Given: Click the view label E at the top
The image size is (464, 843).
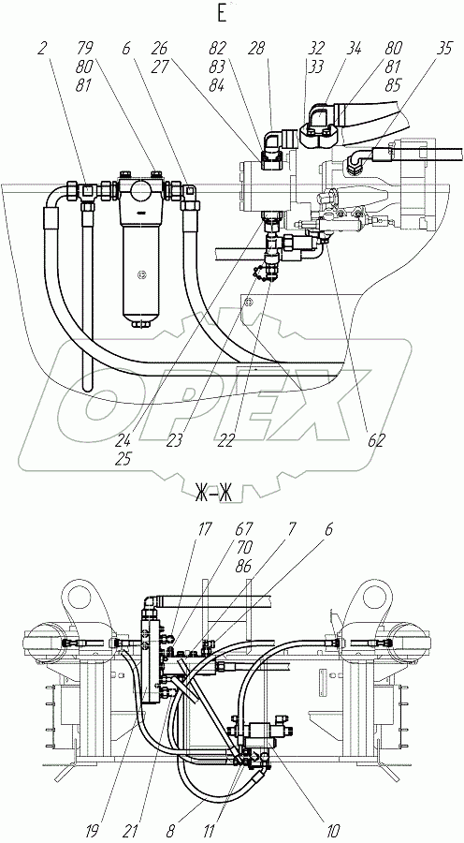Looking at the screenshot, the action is click(x=222, y=14).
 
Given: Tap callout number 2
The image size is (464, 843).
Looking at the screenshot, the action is click(x=42, y=49).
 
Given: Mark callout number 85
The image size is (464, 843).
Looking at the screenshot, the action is click(x=393, y=85).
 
